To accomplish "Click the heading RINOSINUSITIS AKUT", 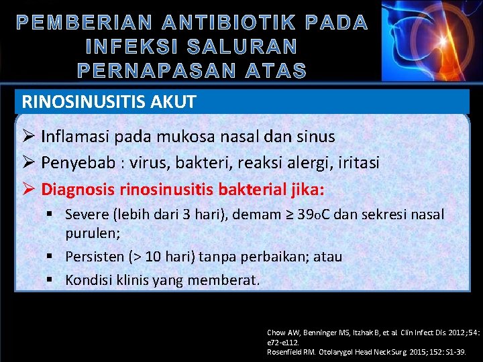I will (109, 102).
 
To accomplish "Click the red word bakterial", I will (251, 188).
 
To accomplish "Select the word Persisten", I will (95, 257).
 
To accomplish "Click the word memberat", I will (222, 280).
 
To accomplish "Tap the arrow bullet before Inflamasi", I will (28, 137).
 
